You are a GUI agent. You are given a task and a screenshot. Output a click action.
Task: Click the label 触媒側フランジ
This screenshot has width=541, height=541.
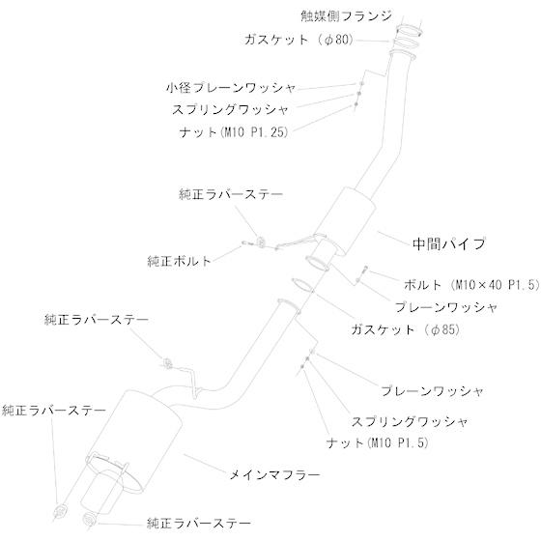coord(347,16)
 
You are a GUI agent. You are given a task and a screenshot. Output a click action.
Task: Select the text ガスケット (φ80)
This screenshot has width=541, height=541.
coord(299,40)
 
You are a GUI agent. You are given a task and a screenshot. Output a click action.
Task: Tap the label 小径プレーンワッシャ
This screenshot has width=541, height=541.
coord(231,88)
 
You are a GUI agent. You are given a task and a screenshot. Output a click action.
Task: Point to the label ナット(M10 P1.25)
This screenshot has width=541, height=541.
coord(234,132)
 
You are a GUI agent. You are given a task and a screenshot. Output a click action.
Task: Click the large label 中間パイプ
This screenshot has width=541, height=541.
coord(449,243)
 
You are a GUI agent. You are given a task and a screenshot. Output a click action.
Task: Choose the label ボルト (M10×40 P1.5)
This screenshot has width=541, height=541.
coord(471,285)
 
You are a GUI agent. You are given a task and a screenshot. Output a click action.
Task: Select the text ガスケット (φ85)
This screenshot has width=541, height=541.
coord(406,329)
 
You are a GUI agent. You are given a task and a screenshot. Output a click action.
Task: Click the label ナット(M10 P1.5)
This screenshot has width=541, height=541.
coord(378,442)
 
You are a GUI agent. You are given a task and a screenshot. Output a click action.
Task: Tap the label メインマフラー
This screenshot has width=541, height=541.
coord(275,475)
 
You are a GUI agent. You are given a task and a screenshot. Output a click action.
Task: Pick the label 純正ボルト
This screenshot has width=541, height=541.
coord(179,261)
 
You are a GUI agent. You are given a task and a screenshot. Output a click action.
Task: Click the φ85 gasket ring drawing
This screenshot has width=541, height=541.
coord(302,284)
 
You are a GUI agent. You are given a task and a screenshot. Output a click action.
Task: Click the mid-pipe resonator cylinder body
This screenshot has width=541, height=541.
coord(345,221)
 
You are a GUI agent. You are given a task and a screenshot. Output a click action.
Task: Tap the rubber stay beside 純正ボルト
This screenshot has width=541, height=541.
coord(261,242)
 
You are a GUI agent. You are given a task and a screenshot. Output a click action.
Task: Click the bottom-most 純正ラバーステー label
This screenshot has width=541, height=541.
coord(199,524)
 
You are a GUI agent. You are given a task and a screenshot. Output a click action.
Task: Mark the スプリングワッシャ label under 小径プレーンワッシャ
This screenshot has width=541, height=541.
coord(230,110)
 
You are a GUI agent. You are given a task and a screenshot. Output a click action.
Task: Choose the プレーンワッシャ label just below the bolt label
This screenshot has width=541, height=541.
coord(445,307)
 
